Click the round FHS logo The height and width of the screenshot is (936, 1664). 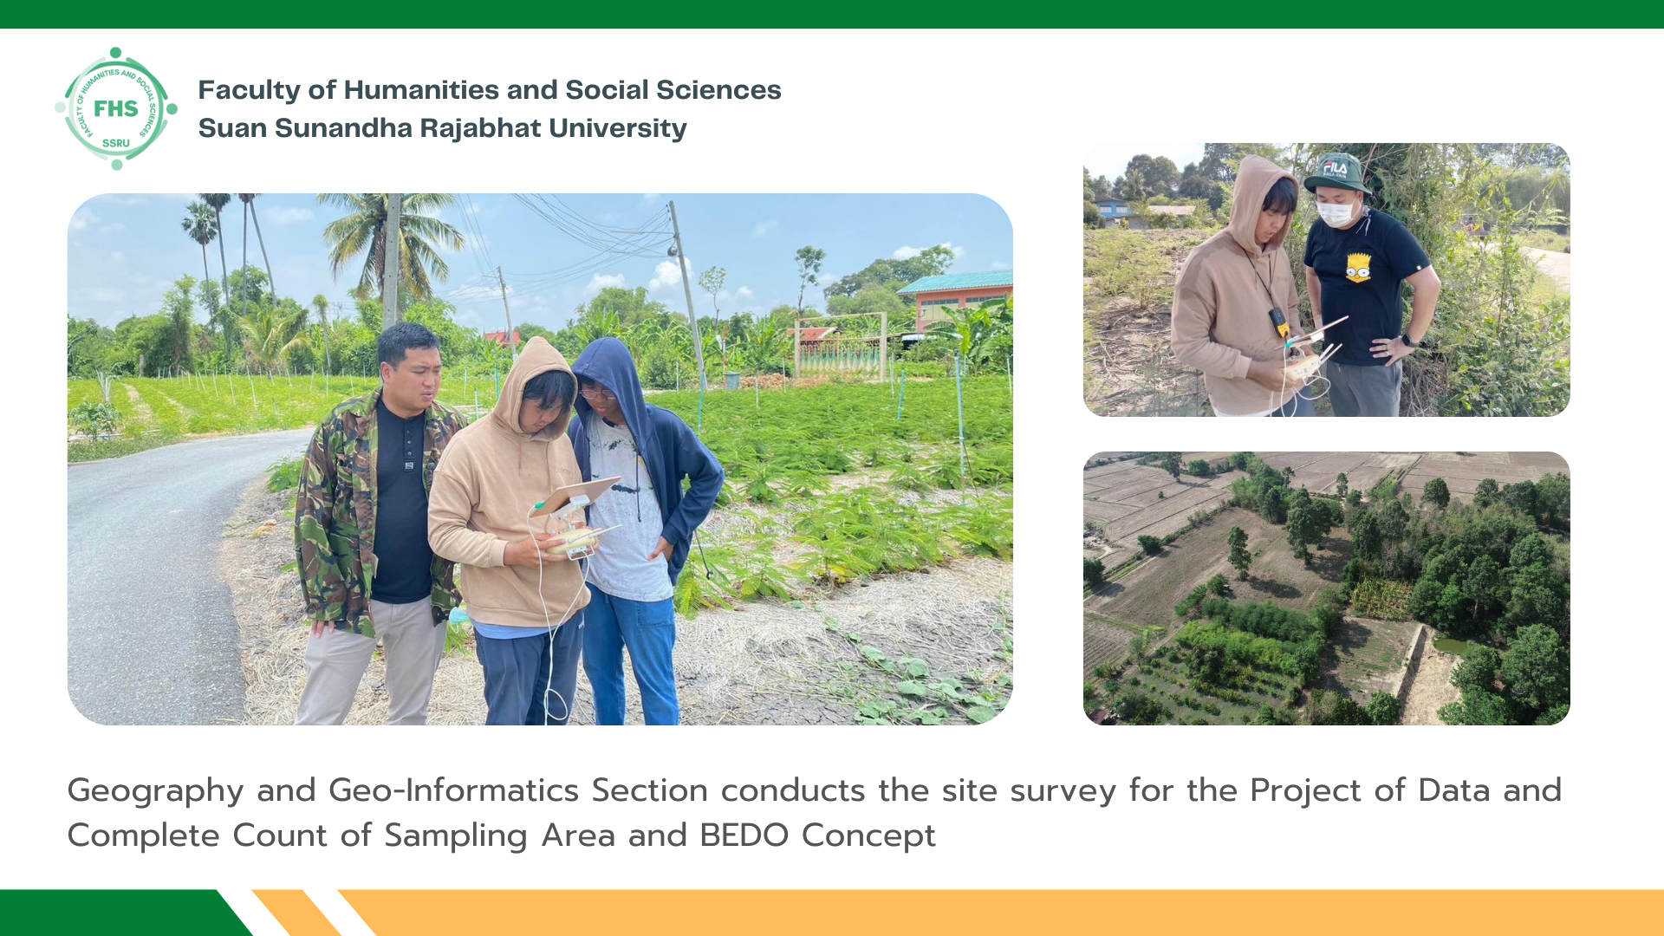point(116,108)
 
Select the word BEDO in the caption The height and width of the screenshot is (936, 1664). point(744,835)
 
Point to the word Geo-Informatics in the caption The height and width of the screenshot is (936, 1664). point(453,790)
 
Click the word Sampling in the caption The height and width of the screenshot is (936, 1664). point(456,836)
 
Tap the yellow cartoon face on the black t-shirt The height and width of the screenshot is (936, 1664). point(1358,268)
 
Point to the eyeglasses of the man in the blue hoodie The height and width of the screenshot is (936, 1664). point(597,393)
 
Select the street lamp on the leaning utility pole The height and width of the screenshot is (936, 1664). point(673,250)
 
